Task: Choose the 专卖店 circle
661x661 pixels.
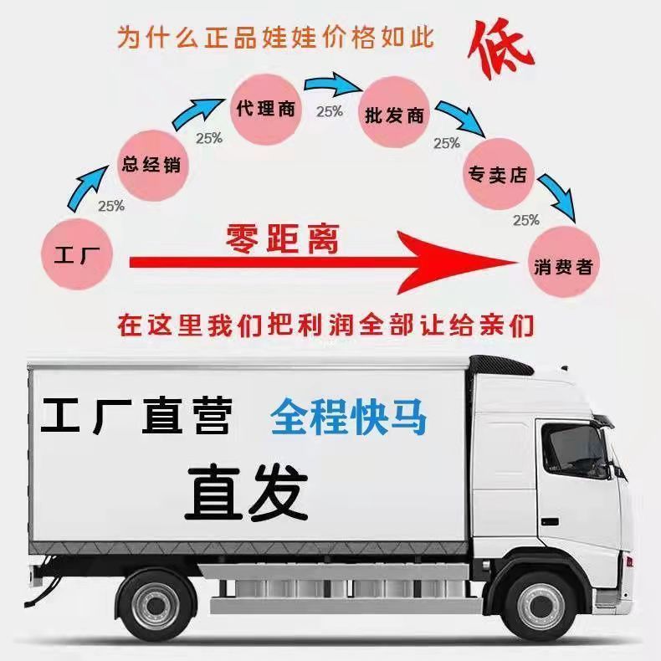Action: pyautogui.click(x=500, y=176)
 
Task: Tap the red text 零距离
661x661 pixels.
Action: pyautogui.click(x=282, y=238)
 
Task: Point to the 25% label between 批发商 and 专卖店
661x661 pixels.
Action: pyautogui.click(x=447, y=143)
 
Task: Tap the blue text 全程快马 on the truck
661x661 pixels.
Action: pyautogui.click(x=348, y=417)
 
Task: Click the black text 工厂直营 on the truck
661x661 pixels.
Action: pyautogui.click(x=136, y=417)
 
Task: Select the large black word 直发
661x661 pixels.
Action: pyautogui.click(x=246, y=493)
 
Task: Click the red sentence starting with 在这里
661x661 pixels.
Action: pyautogui.click(x=325, y=325)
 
